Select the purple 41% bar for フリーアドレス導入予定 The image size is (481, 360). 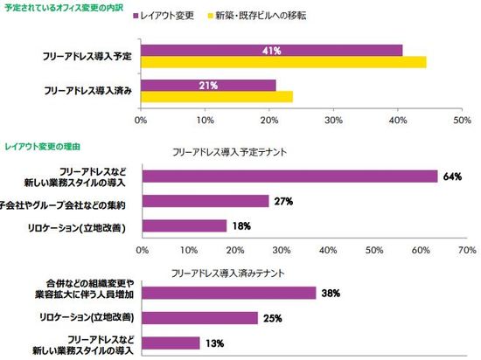(x=271, y=51)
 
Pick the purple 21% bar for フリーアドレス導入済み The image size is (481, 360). (x=208, y=85)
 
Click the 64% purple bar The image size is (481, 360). (x=289, y=177)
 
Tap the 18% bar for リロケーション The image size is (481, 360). (x=184, y=225)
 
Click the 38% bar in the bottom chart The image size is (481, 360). (x=227, y=293)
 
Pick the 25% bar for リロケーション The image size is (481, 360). (x=199, y=318)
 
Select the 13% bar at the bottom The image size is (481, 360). (x=170, y=343)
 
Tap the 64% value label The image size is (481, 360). (x=452, y=177)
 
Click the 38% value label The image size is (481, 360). (x=331, y=293)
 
